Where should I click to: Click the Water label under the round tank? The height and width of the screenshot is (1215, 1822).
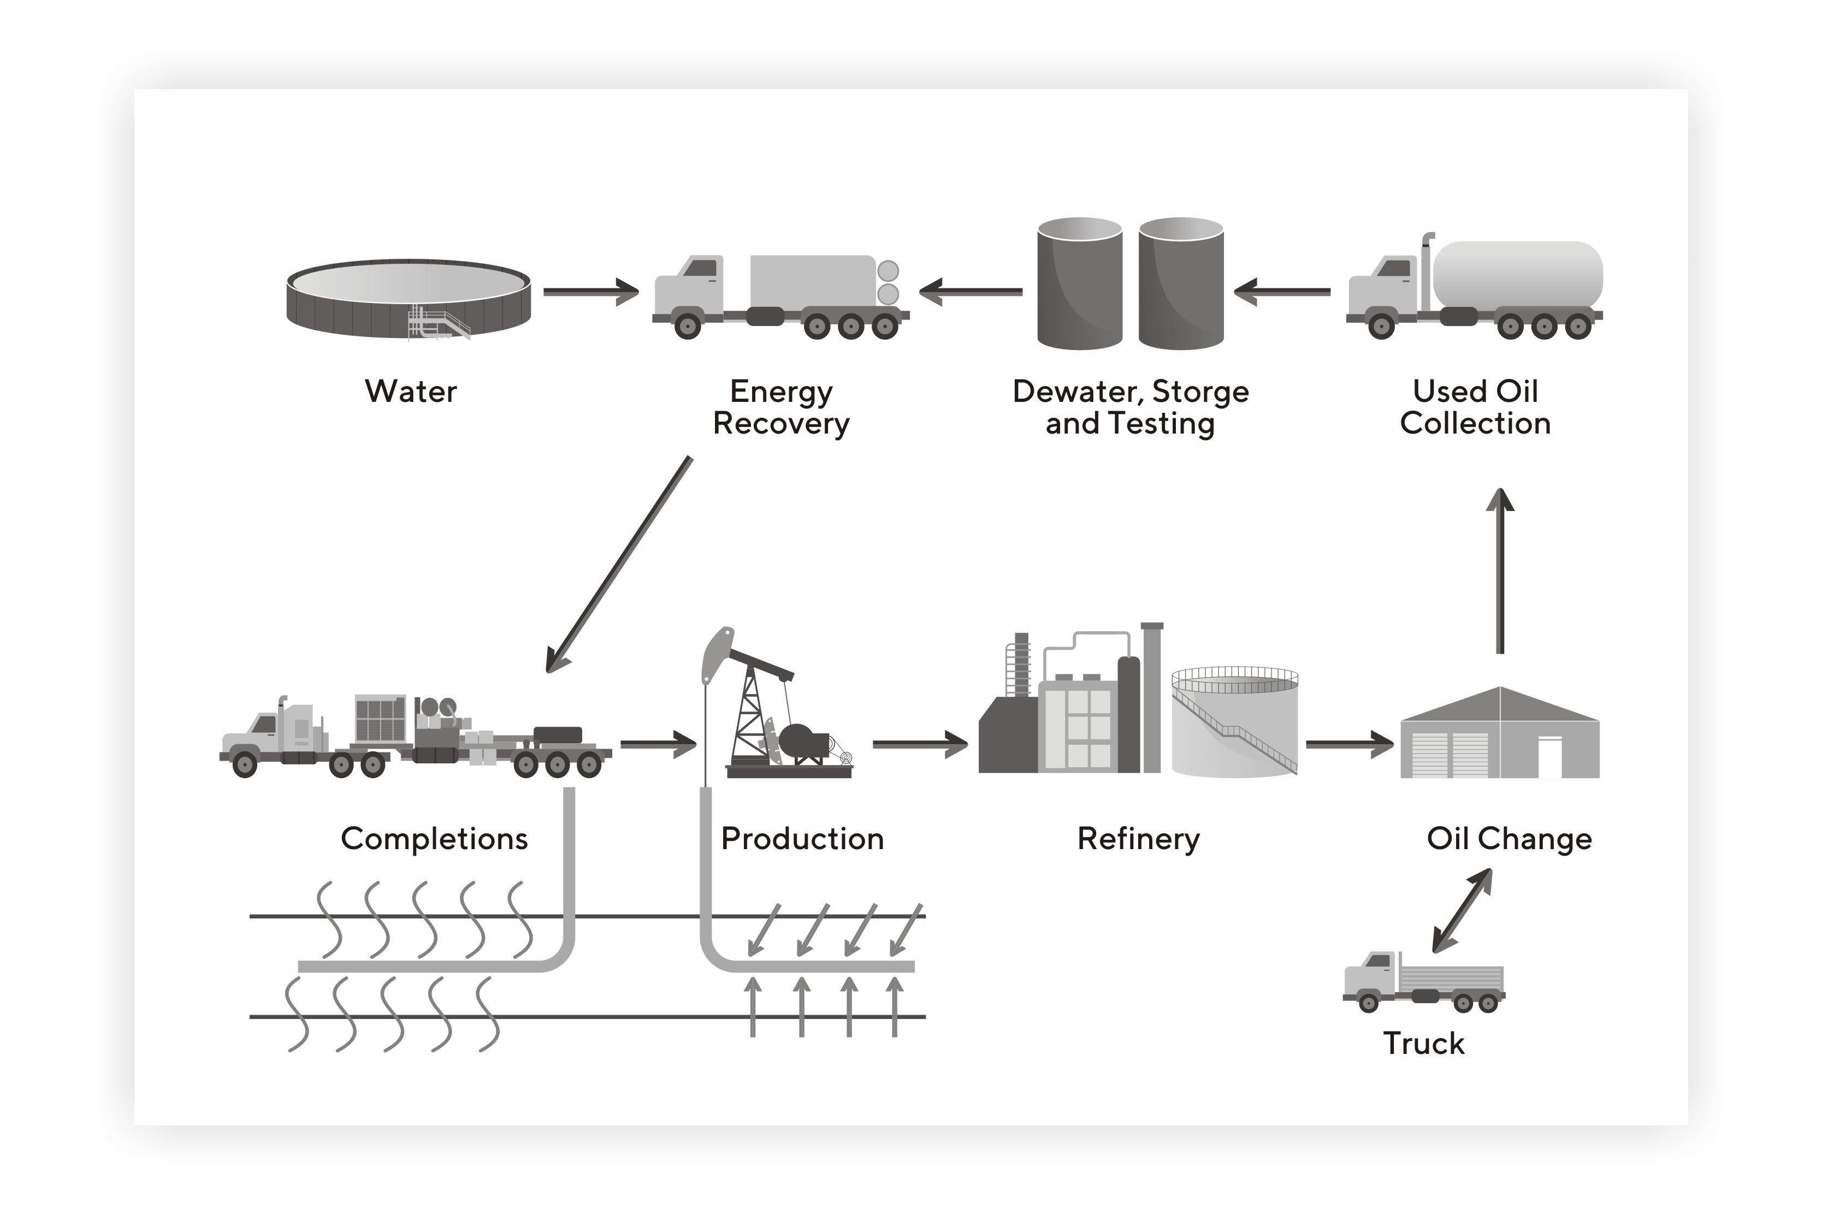tap(411, 392)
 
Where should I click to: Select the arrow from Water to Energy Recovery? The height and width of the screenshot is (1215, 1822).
tap(590, 292)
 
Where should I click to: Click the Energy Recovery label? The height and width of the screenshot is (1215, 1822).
tap(780, 407)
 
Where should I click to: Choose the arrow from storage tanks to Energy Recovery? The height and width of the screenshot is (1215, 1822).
tap(971, 292)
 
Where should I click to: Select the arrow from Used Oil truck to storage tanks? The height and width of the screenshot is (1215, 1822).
tap(1282, 292)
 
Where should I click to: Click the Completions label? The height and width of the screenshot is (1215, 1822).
tap(434, 839)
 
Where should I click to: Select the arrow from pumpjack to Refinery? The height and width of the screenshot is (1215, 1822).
tap(920, 744)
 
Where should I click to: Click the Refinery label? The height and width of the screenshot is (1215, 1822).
tap(1138, 839)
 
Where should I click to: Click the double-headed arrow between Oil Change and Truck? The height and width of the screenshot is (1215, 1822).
tap(1462, 910)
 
